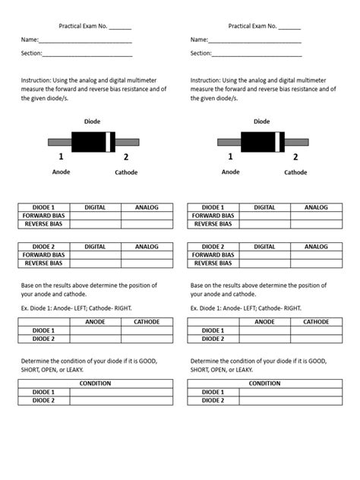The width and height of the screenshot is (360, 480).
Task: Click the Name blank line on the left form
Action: coord(85,41)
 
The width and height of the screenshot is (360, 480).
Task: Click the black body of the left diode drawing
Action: coord(90,142)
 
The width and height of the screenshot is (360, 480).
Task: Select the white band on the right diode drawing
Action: coord(280,142)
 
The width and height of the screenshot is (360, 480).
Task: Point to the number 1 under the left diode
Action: coord(61,157)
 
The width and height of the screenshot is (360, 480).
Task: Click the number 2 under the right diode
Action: coord(295,157)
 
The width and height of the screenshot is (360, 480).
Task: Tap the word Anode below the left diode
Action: coord(61,172)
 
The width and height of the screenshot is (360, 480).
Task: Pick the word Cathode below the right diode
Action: coord(295,172)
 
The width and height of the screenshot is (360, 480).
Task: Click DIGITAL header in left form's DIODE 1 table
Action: coord(95,207)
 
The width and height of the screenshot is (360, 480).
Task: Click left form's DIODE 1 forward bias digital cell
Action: coord(95,216)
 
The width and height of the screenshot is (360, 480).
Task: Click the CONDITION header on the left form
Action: coord(95,384)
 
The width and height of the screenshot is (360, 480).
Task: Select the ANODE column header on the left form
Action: coord(95,322)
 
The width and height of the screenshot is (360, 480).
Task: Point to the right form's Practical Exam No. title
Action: coord(264,26)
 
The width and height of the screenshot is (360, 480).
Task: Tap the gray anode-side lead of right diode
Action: coord(229,142)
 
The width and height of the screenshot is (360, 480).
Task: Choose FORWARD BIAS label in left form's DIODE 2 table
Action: coord(43,255)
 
